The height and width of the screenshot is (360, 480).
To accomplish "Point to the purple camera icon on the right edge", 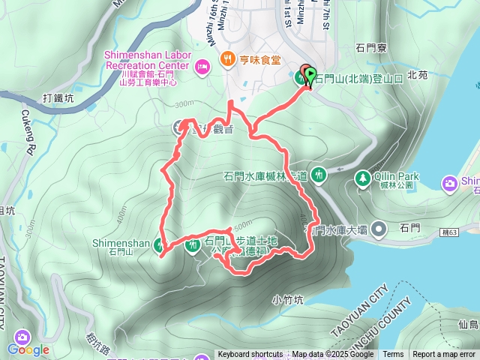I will [450, 182].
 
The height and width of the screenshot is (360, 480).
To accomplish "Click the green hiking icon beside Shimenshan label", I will [159, 244].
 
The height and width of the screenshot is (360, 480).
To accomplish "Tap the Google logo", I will [28, 349].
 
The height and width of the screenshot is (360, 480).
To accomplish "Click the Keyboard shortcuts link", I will [250, 355].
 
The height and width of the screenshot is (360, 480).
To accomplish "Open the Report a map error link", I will [444, 355].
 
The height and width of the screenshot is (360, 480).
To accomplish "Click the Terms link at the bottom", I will [393, 355].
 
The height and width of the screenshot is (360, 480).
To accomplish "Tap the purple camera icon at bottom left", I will [22, 337].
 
